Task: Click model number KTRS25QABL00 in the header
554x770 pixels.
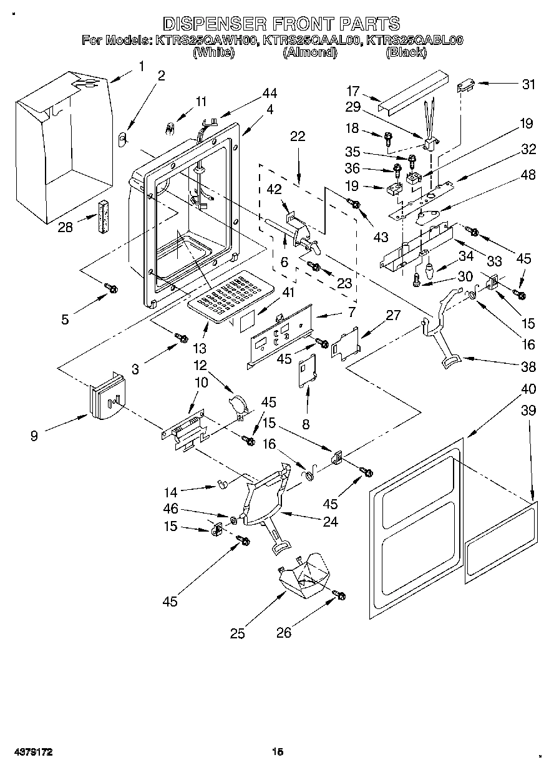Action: point(414,41)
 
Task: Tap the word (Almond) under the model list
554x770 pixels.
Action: point(310,53)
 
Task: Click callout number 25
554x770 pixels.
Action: point(237,633)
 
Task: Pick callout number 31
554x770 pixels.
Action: point(528,85)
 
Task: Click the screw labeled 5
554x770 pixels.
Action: point(112,288)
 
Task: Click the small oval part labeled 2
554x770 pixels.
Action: point(122,137)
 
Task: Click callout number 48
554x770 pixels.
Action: point(528,175)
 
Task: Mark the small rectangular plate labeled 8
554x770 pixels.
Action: point(307,371)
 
